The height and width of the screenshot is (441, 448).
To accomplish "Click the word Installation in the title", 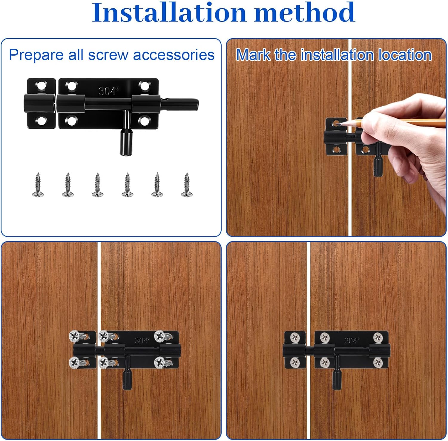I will (169, 13).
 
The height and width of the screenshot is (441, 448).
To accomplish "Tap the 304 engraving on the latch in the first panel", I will (108, 91).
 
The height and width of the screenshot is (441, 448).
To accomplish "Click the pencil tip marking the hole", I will (337, 123).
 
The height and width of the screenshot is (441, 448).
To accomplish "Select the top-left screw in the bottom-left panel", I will (75, 336).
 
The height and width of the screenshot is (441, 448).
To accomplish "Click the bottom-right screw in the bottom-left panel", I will (160, 363).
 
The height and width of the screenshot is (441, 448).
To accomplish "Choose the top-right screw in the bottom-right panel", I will (378, 337).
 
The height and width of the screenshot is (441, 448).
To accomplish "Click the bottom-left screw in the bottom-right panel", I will (295, 363).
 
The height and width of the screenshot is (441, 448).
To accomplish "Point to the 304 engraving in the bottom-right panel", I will (351, 340).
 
